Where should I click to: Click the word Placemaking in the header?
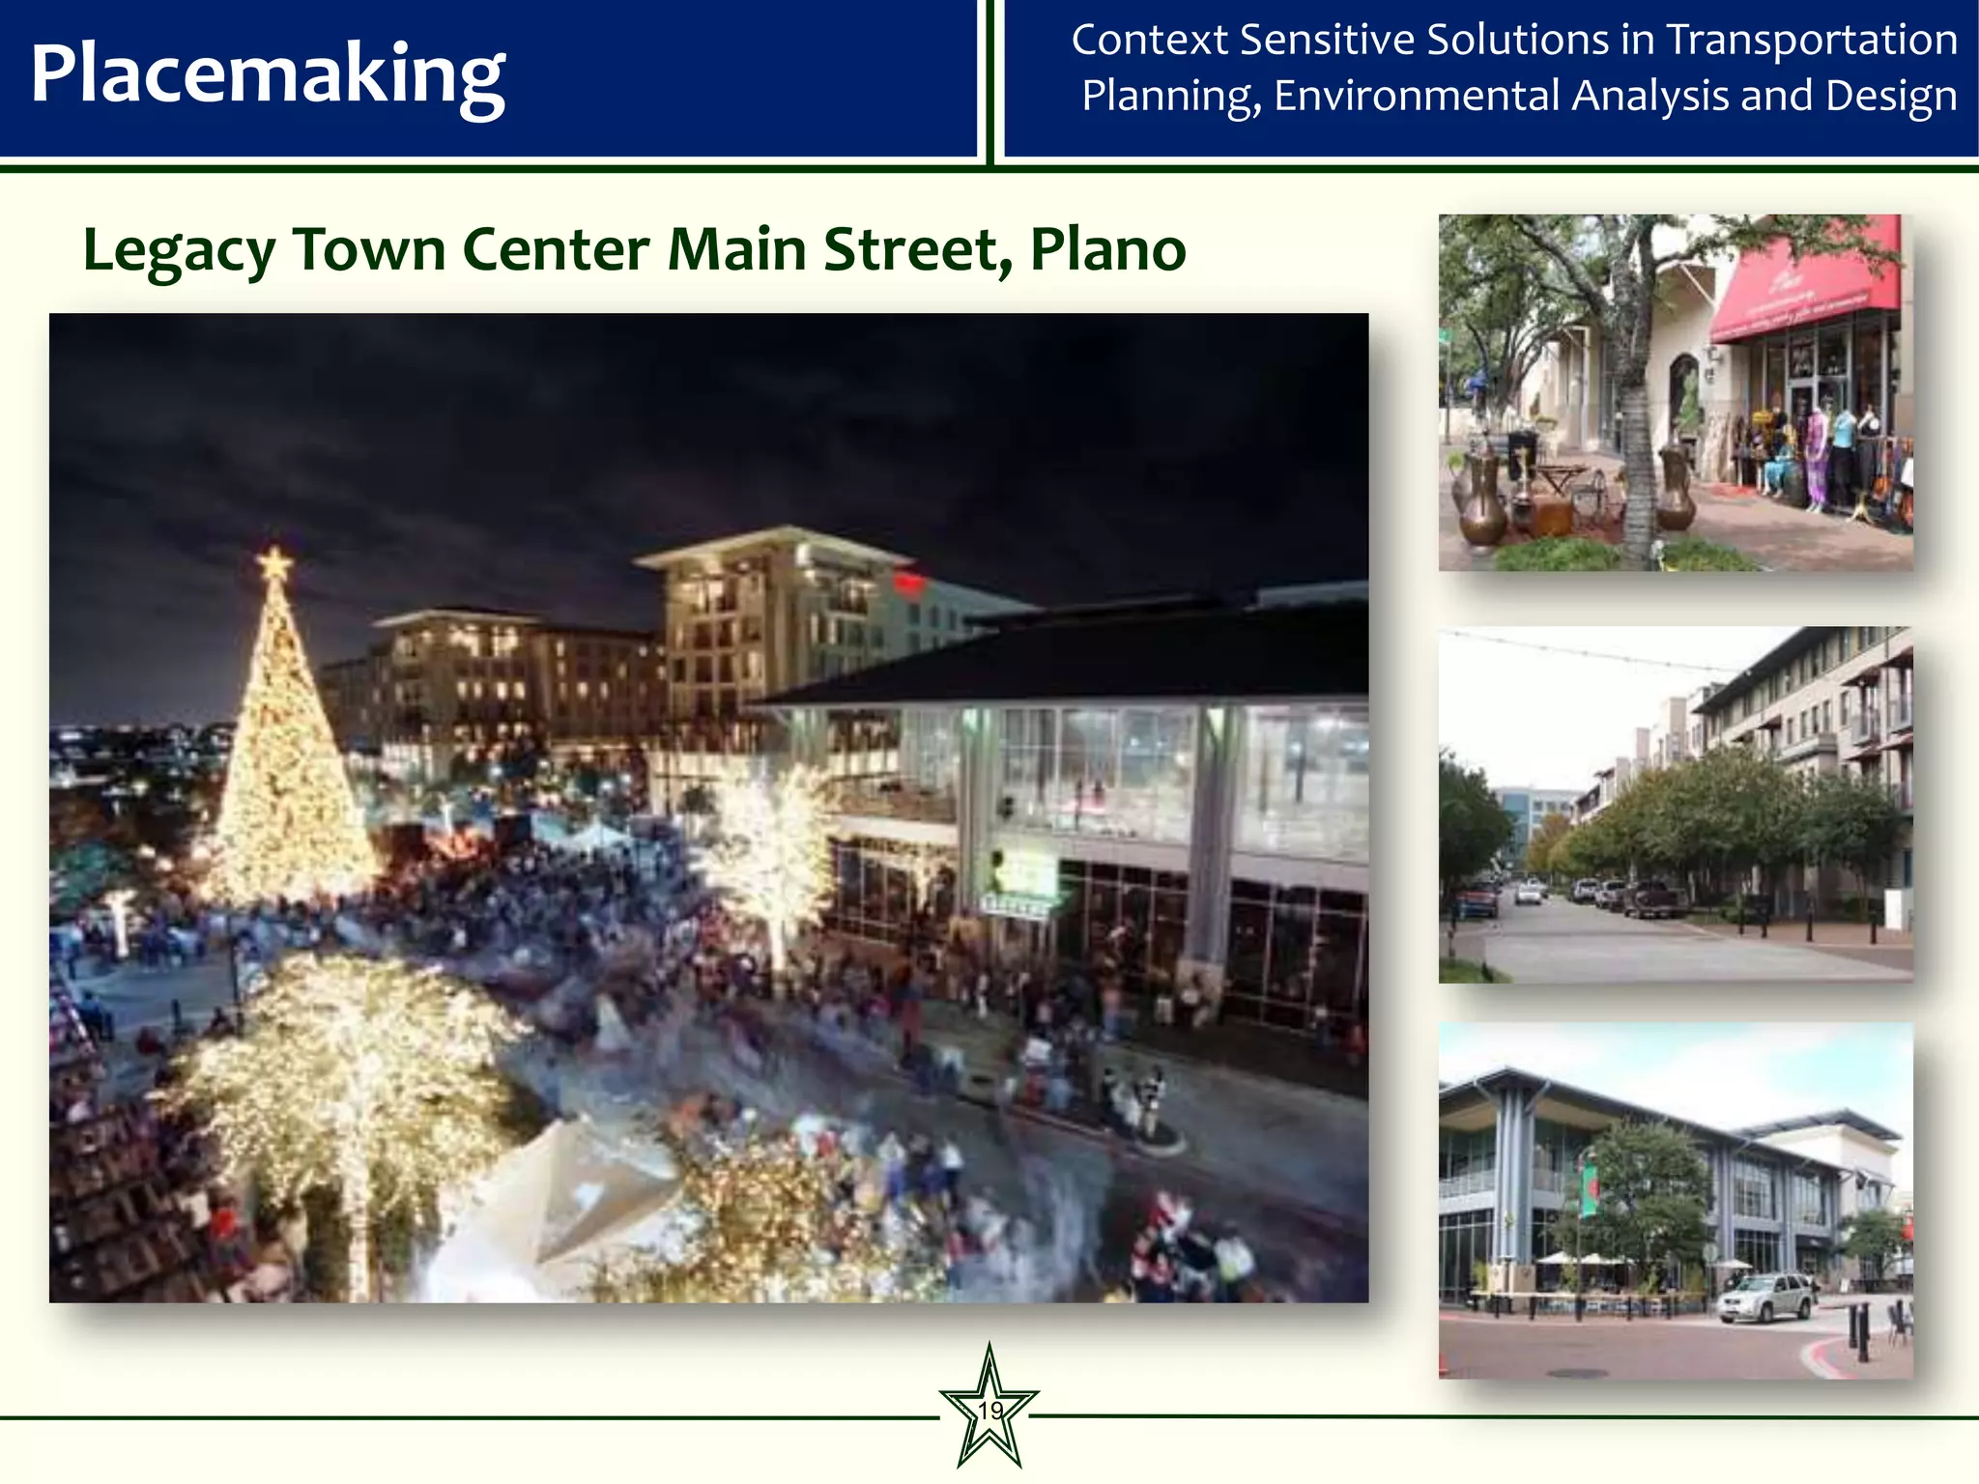268,75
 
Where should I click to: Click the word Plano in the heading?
1107,250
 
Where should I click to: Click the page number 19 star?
989,1410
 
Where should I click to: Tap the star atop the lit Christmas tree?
274,563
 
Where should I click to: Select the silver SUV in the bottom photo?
1764,1296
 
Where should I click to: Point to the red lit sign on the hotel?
908,583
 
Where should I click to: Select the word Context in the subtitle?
1149,41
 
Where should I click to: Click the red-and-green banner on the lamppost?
1588,1189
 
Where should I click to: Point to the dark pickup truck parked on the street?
1654,899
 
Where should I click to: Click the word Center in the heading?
556,250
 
